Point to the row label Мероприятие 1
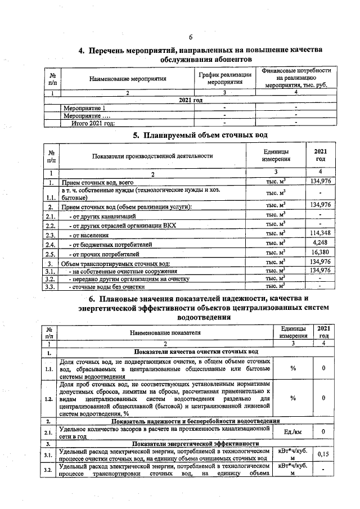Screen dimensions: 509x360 tap(84, 107)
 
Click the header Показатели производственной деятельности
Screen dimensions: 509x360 tap(154, 156)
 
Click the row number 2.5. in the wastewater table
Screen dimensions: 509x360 tap(51, 254)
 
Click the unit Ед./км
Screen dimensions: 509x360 tap(292, 431)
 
